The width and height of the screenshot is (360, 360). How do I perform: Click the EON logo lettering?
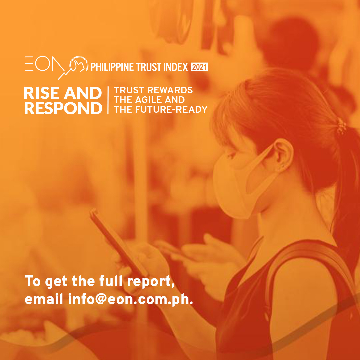45,64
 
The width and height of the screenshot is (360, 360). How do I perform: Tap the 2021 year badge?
199,67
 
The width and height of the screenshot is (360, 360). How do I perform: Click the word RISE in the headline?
42,93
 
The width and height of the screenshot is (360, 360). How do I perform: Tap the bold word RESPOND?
63,108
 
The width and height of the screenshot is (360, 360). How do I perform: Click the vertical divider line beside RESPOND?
108,100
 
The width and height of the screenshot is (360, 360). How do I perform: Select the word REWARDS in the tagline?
170,90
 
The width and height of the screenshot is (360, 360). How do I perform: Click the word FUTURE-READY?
171,110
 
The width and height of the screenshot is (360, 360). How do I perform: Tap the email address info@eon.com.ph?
131,299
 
